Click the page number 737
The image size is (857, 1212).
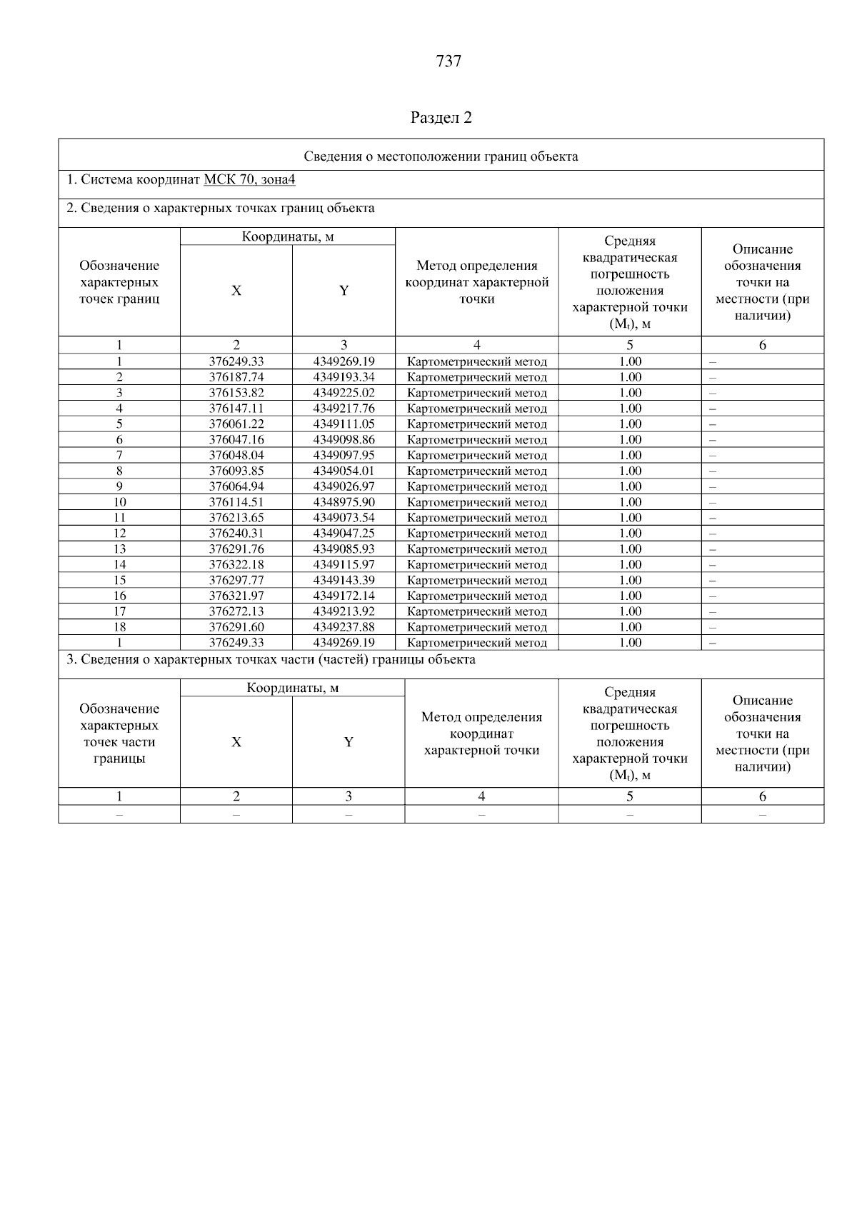448,61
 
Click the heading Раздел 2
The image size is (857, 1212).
441,118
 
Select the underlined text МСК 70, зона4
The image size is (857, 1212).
249,180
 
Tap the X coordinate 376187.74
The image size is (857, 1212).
236,377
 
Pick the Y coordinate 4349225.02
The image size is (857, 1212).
344,393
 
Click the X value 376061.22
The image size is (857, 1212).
236,424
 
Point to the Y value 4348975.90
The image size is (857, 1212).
344,502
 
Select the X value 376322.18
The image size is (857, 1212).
236,565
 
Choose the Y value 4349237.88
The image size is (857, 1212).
344,627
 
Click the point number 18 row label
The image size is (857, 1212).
119,627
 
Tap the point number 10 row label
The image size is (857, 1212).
119,502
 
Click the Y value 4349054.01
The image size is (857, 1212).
344,471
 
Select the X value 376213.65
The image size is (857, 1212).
236,518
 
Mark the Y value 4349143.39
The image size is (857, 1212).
344,581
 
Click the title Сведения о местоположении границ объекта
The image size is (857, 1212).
441,156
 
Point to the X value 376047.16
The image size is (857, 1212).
236,440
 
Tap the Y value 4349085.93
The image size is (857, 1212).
344,549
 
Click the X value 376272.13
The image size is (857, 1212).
236,611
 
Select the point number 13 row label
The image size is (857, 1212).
119,549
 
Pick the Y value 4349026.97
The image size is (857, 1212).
344,486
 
